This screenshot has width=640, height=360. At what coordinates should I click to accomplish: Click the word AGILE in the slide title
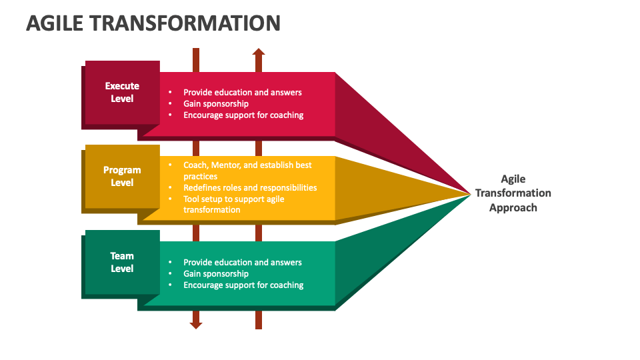(x=55, y=23)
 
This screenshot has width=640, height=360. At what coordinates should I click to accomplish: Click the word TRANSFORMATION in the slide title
(x=185, y=23)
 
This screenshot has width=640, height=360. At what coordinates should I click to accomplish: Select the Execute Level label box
(x=122, y=92)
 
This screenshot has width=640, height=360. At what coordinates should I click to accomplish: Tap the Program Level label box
(x=122, y=176)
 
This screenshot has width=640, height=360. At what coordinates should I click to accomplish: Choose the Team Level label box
(x=122, y=261)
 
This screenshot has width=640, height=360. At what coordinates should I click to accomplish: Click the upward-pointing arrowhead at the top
(x=259, y=51)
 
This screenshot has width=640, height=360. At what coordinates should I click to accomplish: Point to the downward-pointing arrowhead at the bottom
(x=196, y=325)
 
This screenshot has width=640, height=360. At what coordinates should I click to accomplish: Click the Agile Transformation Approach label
(x=513, y=193)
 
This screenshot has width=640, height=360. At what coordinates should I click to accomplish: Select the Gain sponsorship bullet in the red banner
(x=215, y=103)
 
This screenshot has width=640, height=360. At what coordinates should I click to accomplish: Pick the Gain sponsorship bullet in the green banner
(x=215, y=273)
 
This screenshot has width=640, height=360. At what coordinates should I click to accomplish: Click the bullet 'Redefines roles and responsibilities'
(x=250, y=187)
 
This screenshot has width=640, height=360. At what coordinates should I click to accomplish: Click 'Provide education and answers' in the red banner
(x=242, y=92)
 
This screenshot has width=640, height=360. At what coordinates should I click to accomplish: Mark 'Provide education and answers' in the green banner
(x=242, y=262)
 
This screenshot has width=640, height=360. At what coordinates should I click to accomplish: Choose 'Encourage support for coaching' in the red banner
(x=243, y=115)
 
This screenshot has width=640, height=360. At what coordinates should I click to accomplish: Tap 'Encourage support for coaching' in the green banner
(x=243, y=285)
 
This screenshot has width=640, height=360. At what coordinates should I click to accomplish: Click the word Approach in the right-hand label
(x=513, y=207)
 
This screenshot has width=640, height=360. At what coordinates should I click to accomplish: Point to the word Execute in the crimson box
(x=122, y=86)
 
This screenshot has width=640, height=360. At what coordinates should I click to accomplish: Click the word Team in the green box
(x=122, y=255)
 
